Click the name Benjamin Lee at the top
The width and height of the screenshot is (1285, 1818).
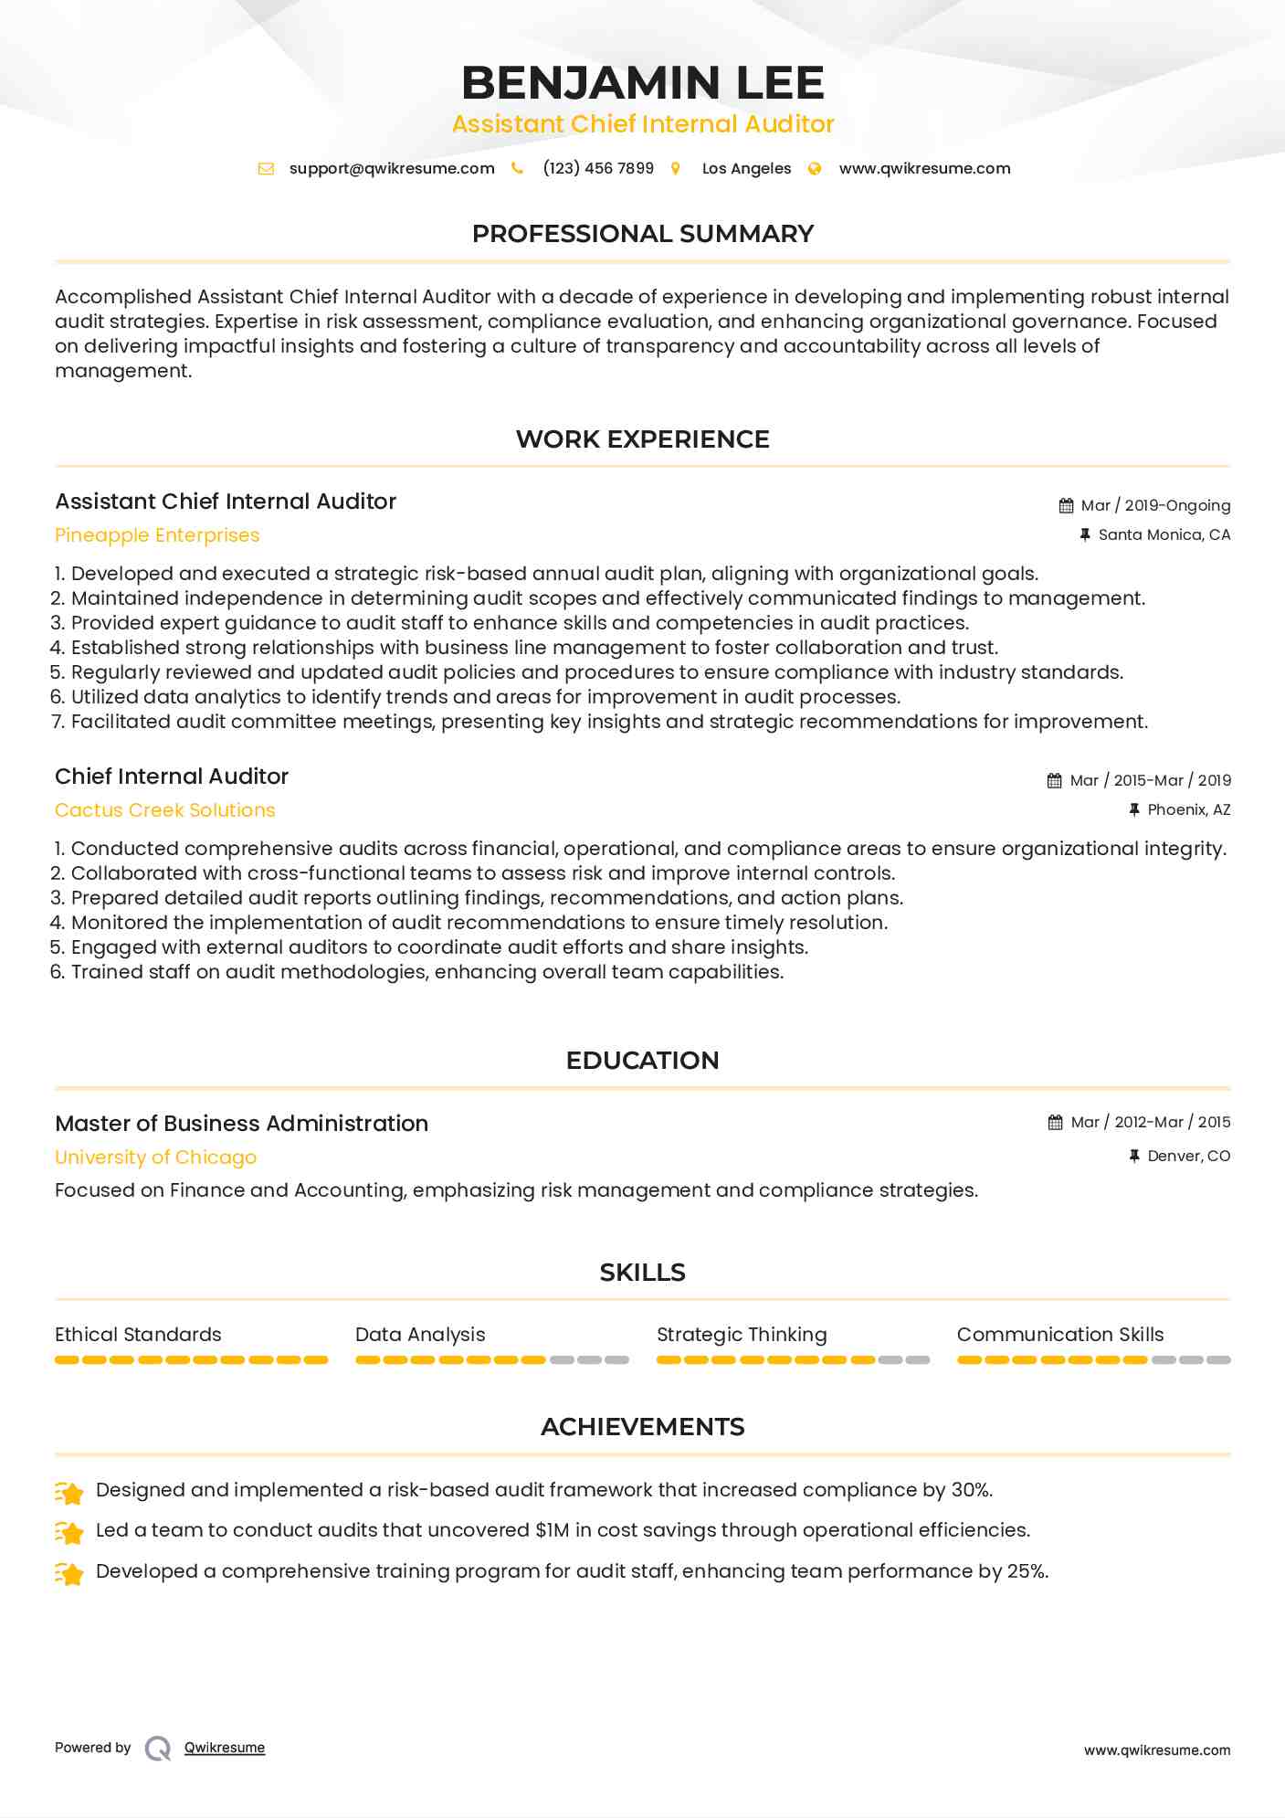tap(642, 82)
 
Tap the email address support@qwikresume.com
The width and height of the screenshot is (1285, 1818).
tap(392, 168)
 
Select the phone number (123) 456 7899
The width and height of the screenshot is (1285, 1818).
tap(598, 168)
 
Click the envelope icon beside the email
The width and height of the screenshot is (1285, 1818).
tap(266, 168)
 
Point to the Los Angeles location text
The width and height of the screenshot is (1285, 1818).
tap(746, 168)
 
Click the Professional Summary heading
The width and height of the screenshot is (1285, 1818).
tap(642, 234)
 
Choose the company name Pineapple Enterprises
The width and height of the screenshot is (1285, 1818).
tap(157, 535)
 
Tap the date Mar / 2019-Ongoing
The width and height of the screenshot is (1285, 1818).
tap(1155, 505)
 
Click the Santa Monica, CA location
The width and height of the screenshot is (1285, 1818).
tap(1164, 534)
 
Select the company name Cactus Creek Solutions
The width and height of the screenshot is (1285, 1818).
tap(164, 810)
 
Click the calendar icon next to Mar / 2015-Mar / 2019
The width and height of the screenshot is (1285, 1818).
tap(1054, 780)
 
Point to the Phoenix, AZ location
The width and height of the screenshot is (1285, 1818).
tap(1188, 809)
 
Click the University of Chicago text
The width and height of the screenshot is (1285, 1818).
tap(155, 1157)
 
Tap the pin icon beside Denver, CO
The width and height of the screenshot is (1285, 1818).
tap(1134, 1156)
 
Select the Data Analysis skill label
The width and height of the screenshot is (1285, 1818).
tap(420, 1335)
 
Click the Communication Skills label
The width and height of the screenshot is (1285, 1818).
tap(1060, 1335)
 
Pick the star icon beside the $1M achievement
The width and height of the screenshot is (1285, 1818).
tap(69, 1532)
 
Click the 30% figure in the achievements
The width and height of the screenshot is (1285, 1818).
tap(971, 1490)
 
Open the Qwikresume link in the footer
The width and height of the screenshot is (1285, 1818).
tap(225, 1748)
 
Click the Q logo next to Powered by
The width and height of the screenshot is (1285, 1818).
tap(158, 1748)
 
